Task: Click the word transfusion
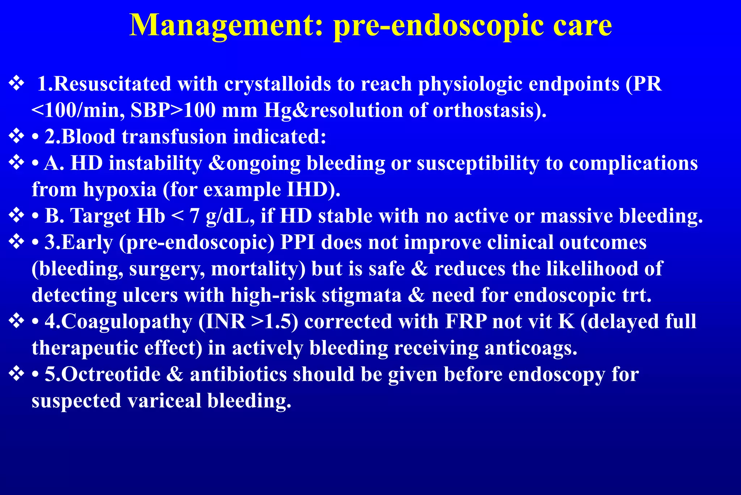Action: click(x=174, y=137)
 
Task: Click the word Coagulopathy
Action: click(x=119, y=322)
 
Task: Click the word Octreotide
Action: click(x=103, y=374)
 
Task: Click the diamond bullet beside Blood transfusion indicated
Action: click(x=16, y=137)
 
